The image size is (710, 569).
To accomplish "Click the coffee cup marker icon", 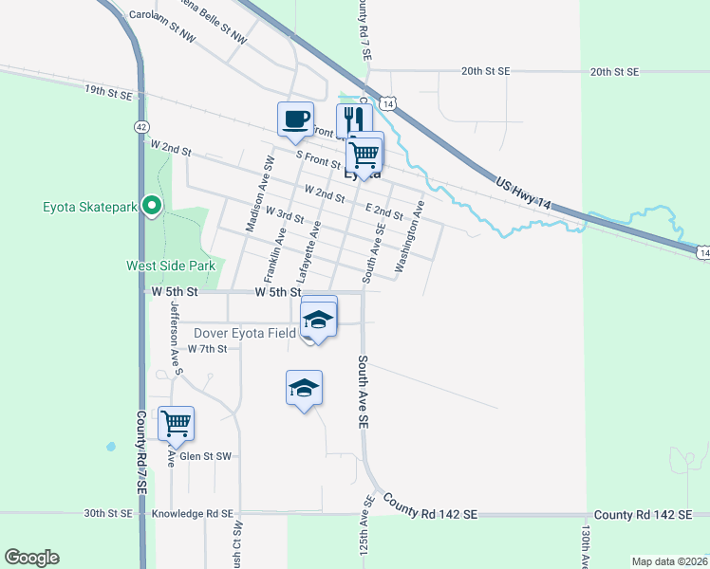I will pyautogui.click(x=294, y=119).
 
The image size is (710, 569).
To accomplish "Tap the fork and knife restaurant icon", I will pyautogui.click(x=353, y=119).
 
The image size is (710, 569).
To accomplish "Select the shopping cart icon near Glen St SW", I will pyautogui.click(x=176, y=423).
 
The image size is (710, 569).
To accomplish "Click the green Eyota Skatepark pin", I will pyautogui.click(x=151, y=206).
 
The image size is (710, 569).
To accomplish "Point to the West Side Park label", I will pyautogui.click(x=171, y=266).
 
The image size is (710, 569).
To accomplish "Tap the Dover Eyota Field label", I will pyautogui.click(x=245, y=333).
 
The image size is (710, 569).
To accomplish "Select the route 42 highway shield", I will pyautogui.click(x=141, y=126).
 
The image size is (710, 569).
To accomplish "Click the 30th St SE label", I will pyautogui.click(x=107, y=513).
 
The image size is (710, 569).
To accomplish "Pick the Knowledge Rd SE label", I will pyautogui.click(x=193, y=513).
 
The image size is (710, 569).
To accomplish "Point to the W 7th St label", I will pyautogui.click(x=207, y=349).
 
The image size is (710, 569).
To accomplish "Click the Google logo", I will pyautogui.click(x=31, y=558).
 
